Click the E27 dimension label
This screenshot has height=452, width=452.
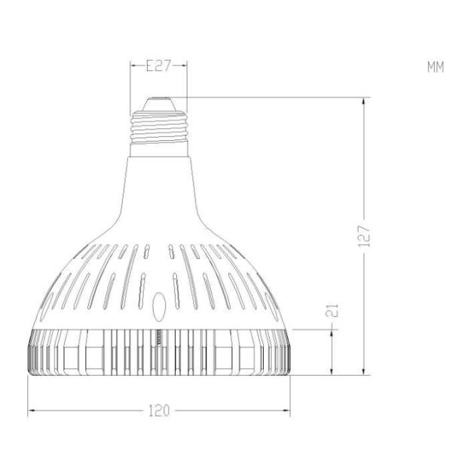[x=158, y=66]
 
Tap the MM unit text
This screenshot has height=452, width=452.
[x=435, y=67]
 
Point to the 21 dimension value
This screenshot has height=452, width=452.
[x=334, y=310]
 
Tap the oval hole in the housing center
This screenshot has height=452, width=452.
[x=158, y=307]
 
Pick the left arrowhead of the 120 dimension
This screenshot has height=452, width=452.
[x=32, y=411]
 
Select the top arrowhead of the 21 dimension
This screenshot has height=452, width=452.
[x=334, y=332]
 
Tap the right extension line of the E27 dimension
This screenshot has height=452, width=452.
[x=185, y=83]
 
